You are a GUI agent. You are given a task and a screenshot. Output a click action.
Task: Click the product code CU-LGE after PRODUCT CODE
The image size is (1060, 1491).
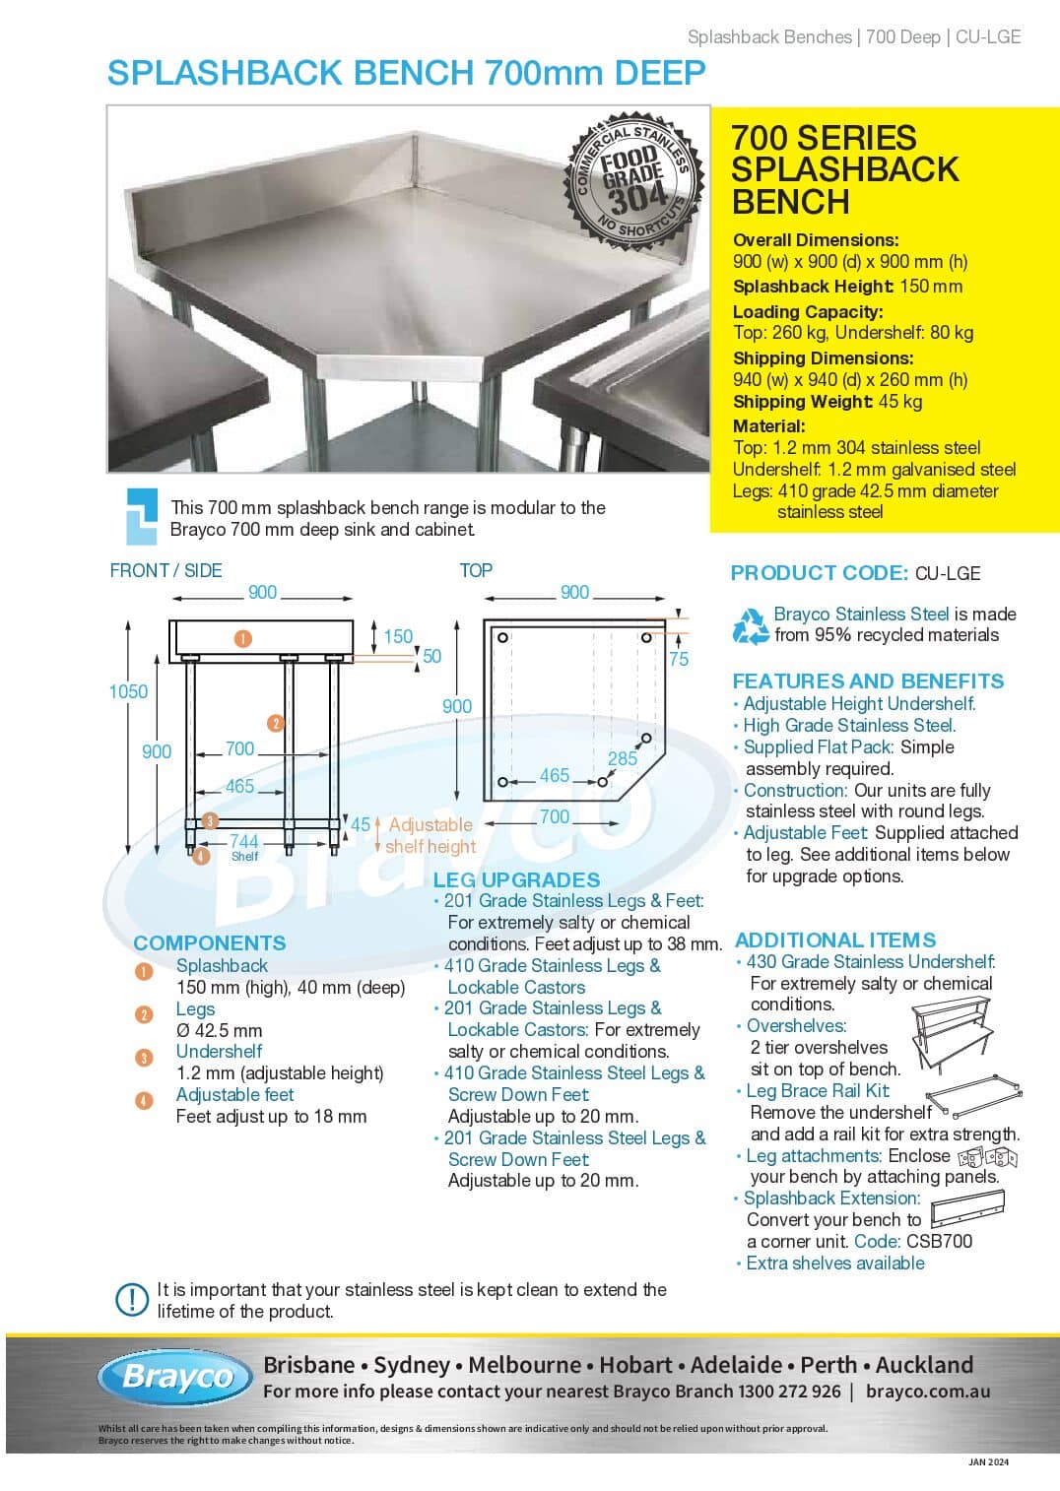tap(948, 573)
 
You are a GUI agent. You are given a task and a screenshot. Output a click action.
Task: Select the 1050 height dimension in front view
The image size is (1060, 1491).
tap(128, 691)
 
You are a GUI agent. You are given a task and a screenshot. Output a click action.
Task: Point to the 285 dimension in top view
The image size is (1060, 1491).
tap(623, 758)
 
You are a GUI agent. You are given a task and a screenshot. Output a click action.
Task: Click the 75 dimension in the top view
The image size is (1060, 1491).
tap(679, 659)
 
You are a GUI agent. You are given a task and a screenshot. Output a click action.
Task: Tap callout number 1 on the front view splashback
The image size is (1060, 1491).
tap(243, 639)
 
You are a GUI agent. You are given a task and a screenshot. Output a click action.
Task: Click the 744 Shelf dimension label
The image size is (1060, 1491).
tap(244, 845)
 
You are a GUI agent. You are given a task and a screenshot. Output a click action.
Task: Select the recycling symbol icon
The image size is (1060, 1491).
tap(751, 625)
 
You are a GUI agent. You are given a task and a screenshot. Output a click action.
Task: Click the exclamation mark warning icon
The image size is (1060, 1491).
tap(132, 1300)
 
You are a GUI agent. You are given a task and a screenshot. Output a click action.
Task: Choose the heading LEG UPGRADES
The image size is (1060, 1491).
tap(516, 879)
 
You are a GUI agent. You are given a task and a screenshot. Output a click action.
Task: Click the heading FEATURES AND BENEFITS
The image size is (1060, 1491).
tap(868, 681)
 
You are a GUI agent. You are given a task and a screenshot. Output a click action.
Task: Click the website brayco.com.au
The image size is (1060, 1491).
tap(927, 1392)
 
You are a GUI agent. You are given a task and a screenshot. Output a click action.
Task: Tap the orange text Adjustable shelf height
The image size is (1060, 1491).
tap(431, 835)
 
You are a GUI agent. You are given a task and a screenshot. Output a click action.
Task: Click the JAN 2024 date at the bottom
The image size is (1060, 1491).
tap(988, 1461)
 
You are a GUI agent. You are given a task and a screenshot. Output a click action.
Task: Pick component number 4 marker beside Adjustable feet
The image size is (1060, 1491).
tap(145, 1101)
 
